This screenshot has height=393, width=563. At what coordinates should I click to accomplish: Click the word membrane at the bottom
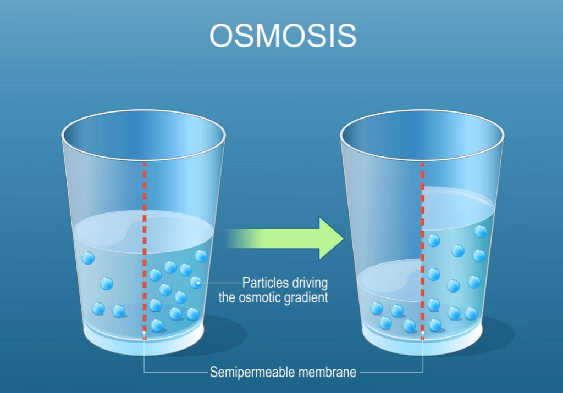coord(328,372)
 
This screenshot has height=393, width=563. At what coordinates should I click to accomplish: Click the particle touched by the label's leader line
coord(196,282)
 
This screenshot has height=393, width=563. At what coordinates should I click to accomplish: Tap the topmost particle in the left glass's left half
coord(88,258)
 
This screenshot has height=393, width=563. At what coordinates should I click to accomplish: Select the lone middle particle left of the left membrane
coord(107,284)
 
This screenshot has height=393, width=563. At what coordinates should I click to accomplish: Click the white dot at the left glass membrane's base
coord(144,332)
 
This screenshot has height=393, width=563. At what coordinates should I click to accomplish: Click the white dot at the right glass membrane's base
coord(422,332)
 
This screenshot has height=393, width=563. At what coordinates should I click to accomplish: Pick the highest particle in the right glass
coord(481,231)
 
